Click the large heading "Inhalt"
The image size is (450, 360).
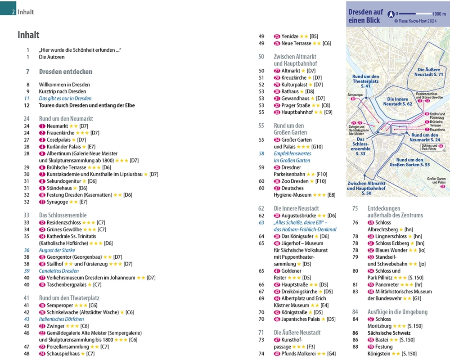point(28,35)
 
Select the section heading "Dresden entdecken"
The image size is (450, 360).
point(65,72)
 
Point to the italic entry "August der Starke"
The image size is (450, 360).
point(57,250)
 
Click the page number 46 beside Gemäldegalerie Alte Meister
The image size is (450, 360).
point(27,333)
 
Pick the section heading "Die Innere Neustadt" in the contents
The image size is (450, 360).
point(296,208)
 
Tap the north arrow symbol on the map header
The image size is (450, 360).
point(391,14)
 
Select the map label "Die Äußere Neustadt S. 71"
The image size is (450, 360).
point(430,72)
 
